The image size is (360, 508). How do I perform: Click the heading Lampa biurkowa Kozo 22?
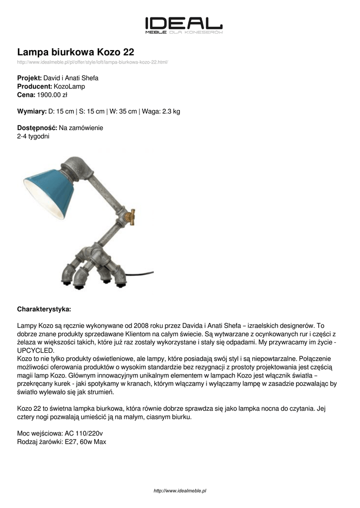click(x=75, y=52)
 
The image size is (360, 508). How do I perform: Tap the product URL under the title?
click(x=93, y=62)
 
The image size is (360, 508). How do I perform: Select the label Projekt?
click(x=29, y=78)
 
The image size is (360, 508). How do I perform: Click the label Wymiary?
click(x=32, y=111)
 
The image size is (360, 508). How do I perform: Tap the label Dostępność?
click(x=37, y=128)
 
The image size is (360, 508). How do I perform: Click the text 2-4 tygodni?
click(x=33, y=136)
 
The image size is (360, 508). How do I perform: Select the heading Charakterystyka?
click(x=44, y=309)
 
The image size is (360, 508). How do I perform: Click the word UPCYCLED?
click(x=37, y=350)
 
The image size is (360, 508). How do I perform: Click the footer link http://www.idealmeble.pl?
click(x=180, y=491)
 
